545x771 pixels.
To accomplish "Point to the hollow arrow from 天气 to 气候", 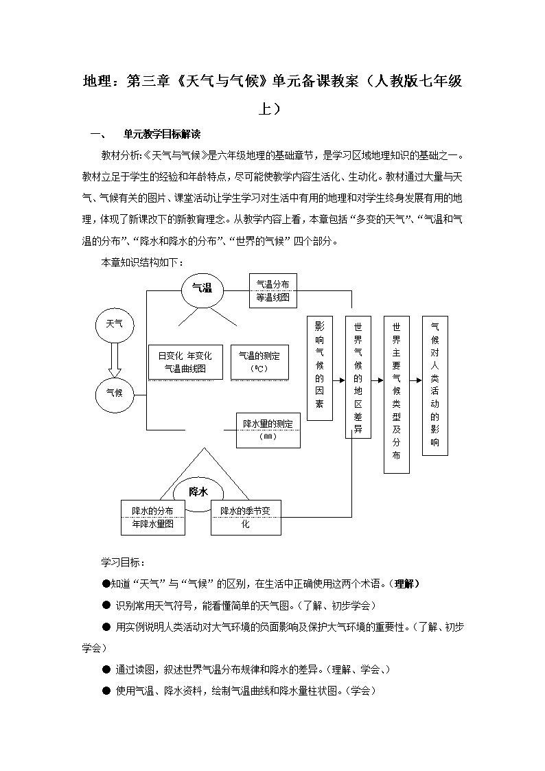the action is [x=115, y=359].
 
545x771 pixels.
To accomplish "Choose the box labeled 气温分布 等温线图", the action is [x=273, y=290].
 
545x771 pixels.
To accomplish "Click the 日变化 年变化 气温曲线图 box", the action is [x=185, y=362].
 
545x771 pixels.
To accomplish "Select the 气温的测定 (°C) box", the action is [x=259, y=362].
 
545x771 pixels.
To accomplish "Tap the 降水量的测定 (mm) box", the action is [x=268, y=430].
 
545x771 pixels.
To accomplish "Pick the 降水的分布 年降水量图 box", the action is [x=153, y=517].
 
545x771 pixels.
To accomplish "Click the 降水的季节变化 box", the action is [x=246, y=517].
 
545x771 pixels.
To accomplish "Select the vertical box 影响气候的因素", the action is [x=320, y=368].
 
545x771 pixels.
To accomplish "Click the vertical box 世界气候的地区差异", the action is [x=358, y=377].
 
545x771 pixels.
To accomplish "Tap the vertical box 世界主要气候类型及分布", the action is [x=397, y=395].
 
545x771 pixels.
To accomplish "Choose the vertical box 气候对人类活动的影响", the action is [x=435, y=386].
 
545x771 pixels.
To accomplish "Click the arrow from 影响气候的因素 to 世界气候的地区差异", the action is [x=339, y=380].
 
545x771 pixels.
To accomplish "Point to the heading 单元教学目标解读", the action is [x=162, y=135].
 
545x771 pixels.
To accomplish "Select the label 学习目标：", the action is [x=123, y=562].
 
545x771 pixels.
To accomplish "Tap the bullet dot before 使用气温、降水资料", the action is [x=106, y=691].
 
